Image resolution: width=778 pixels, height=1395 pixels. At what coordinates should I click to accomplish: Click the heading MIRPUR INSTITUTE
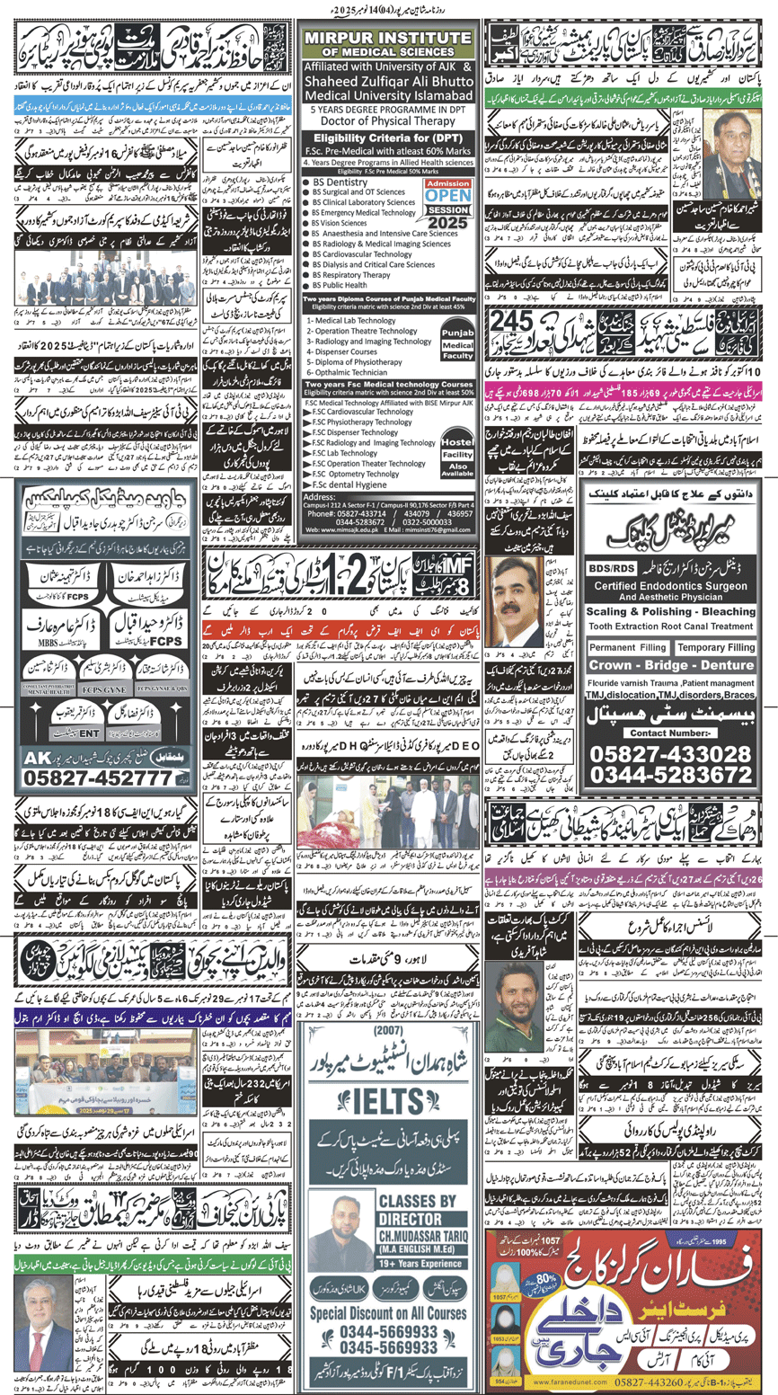(x=388, y=40)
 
